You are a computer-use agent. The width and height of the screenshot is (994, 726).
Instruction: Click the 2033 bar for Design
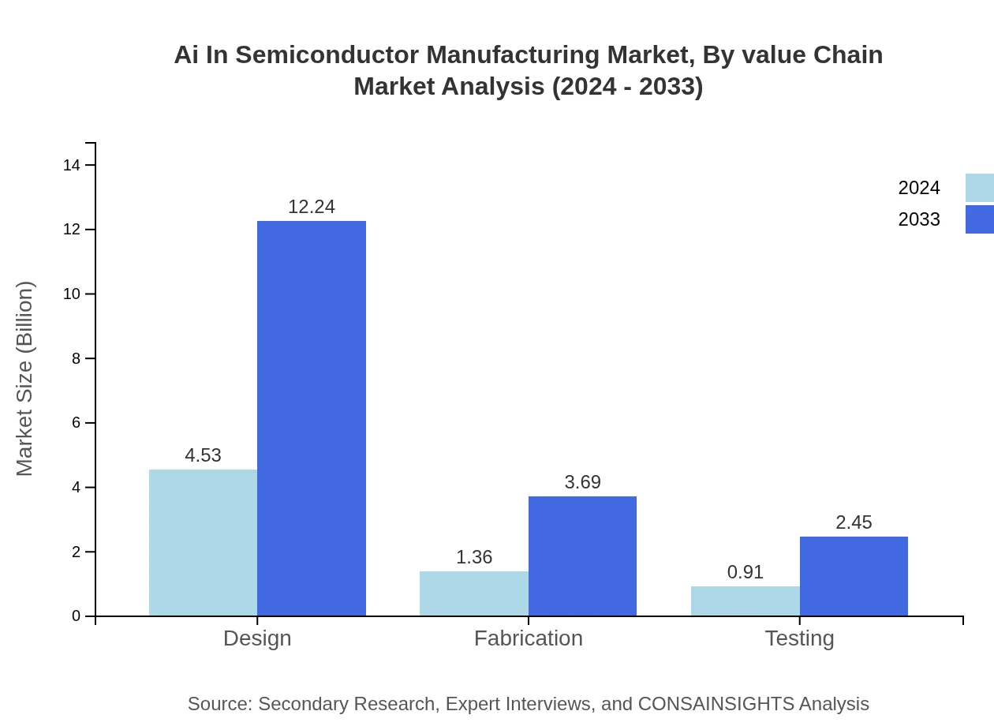312,418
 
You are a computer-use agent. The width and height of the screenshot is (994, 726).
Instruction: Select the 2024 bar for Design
203,543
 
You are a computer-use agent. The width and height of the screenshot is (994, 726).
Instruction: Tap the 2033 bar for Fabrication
582,556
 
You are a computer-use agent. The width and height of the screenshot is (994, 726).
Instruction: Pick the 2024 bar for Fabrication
474,593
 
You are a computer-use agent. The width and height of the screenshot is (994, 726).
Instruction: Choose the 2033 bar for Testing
854,576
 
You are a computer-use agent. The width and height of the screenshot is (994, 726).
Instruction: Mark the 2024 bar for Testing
745,601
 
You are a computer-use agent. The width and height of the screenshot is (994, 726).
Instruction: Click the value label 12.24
312,207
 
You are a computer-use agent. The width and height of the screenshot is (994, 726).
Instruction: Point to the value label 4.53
203,455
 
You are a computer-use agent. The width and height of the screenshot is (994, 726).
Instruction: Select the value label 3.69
582,482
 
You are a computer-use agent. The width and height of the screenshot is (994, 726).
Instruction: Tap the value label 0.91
745,572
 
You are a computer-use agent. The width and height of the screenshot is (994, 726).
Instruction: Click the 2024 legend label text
919,188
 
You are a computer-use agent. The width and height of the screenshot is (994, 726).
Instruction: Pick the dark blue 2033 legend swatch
980,219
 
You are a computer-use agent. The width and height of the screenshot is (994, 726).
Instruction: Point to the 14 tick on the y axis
72,165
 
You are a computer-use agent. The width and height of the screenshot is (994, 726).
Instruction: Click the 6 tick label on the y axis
76,423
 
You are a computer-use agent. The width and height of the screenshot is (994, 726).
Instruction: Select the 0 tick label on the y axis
76,616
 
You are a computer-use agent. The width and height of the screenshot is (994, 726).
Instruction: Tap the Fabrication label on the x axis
529,638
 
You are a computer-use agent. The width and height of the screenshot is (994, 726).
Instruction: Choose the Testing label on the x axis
799,638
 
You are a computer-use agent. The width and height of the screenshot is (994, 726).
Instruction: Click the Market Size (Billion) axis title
25,379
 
